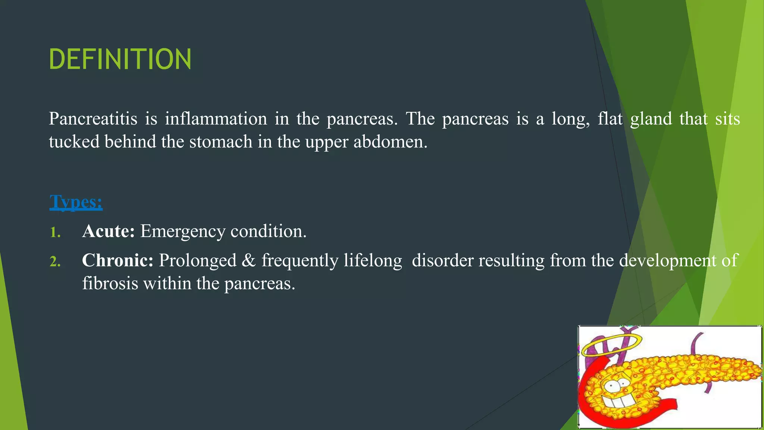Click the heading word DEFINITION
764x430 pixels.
click(120, 59)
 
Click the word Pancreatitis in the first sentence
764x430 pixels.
click(93, 119)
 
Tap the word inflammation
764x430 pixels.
click(216, 119)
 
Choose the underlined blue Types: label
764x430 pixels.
click(76, 202)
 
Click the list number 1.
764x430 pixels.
click(55, 232)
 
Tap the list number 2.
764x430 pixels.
click(55, 261)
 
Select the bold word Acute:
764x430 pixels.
click(108, 231)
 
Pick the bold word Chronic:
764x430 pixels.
click(118, 260)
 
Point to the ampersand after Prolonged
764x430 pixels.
click(249, 261)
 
